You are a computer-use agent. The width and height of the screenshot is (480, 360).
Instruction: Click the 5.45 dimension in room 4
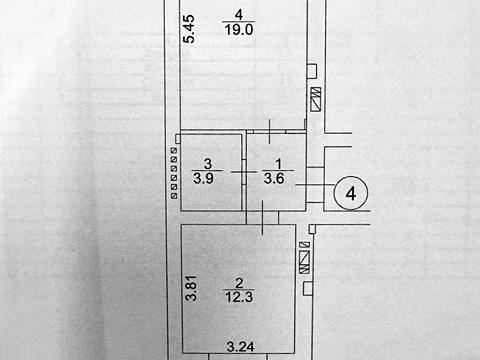[x=189, y=28]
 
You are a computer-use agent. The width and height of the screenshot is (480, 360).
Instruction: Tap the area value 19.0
[x=239, y=30]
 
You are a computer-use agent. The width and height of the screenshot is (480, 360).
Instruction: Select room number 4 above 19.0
[x=239, y=15]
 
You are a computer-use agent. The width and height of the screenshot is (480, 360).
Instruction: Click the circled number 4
[x=351, y=193]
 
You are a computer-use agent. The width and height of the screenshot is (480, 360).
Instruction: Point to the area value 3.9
[x=203, y=178]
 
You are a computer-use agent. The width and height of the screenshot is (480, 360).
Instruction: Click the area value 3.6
[x=274, y=178]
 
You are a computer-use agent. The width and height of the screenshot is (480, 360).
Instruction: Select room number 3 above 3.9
[x=208, y=164]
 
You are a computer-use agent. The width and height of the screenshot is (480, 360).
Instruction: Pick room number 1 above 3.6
[x=279, y=164]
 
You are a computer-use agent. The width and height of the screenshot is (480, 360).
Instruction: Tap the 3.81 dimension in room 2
[x=191, y=288]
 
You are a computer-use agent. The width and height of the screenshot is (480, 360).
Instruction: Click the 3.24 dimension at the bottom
[x=241, y=347]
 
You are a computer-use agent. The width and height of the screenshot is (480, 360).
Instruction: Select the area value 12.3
[x=239, y=296]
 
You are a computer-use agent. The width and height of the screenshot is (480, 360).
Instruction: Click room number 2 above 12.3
[x=239, y=283]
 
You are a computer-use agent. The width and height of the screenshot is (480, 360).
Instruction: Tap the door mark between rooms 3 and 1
[x=244, y=172]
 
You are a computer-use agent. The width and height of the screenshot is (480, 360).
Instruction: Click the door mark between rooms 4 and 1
[x=269, y=131]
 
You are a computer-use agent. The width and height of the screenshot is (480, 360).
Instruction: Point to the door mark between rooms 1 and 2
[x=263, y=217]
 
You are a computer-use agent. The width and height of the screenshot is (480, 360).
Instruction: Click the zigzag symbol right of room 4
[x=316, y=99]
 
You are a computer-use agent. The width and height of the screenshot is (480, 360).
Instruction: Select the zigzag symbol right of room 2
[x=304, y=262]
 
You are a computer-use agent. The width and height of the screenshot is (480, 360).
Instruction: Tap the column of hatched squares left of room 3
[x=174, y=174]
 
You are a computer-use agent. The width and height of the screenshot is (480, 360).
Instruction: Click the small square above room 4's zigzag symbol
[x=312, y=71]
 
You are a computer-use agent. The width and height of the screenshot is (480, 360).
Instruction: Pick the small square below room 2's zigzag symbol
[x=308, y=288]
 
